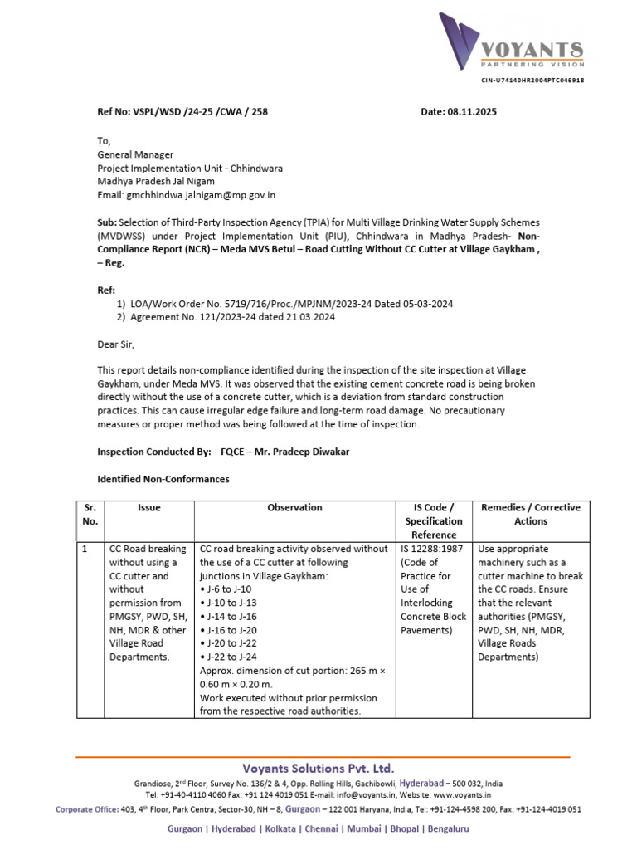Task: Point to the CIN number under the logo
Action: (x=532, y=81)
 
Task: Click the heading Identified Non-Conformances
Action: (x=163, y=480)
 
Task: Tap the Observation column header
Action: (x=294, y=508)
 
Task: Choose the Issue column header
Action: (x=149, y=508)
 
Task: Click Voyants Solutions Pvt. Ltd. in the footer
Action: (x=318, y=769)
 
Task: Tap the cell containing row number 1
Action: (x=86, y=550)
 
